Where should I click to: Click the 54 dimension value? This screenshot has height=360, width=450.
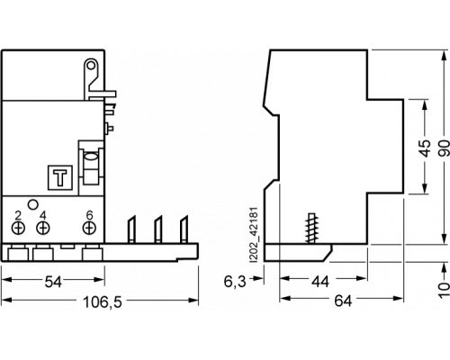coord(53,282)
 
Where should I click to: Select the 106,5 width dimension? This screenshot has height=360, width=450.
coord(103,302)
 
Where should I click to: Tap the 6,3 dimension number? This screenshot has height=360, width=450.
coord(235,282)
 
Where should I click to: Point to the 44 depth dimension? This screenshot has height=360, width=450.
coord(320,282)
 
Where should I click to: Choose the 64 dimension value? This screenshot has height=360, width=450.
coord(343,301)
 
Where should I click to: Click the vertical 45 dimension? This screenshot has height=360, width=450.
coord(426,148)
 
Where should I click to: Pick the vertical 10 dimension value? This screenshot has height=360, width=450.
coord(445,290)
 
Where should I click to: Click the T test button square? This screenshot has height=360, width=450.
coord(60,177)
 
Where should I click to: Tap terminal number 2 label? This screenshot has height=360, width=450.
coord(18,215)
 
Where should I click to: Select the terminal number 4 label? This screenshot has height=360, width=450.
coord(43,215)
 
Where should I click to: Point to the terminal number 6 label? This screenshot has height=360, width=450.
coord(89,215)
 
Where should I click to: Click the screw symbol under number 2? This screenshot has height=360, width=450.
coord(18,228)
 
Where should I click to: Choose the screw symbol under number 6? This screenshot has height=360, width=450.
coord(89,228)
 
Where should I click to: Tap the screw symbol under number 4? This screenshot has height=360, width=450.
coord(43,228)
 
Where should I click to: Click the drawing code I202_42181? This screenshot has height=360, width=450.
coord(254,235)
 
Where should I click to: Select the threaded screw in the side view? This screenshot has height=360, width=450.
coord(311,229)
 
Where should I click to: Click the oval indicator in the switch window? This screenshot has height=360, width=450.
coord(91,157)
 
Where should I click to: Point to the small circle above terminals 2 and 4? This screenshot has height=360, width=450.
coord(33,204)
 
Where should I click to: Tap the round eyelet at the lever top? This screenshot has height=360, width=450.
coord(91,65)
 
